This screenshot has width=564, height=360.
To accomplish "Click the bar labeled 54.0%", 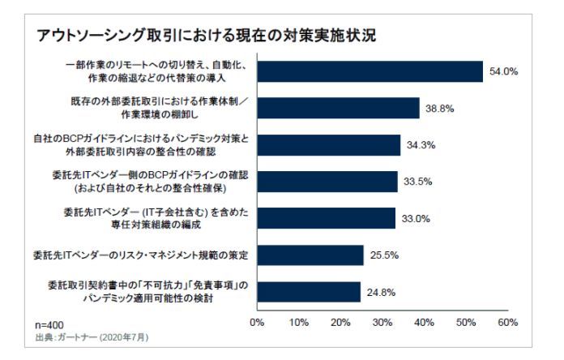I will [370, 71].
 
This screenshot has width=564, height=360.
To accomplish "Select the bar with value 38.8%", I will [338, 108].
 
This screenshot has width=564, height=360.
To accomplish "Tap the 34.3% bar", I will [329, 145].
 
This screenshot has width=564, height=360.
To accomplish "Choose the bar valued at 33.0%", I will [326, 218].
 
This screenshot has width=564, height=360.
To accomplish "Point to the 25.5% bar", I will [310, 255].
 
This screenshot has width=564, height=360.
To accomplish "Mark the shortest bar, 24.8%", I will [309, 292].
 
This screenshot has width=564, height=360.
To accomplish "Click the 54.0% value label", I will [503, 72].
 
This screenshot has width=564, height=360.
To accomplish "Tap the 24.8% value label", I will [382, 292].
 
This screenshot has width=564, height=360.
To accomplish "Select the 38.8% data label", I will [440, 109].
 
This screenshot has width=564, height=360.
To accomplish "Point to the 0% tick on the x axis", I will [258, 322].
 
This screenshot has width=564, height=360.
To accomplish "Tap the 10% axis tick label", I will [299, 322].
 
